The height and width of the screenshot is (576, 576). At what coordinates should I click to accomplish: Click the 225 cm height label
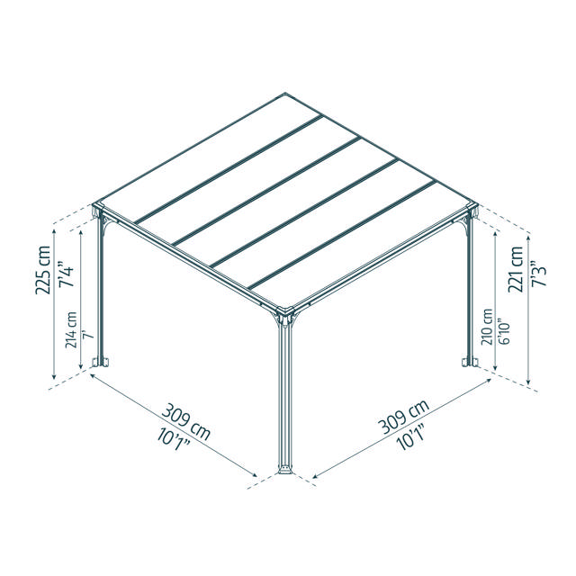[42, 270]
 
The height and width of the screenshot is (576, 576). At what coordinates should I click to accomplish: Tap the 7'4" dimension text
[66, 274]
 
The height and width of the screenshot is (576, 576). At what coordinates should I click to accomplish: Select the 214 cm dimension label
[71, 330]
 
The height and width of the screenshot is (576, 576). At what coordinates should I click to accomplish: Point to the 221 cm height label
[516, 269]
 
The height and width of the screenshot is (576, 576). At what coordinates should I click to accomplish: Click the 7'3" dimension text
[538, 274]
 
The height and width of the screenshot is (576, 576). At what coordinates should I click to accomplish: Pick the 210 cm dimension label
[487, 327]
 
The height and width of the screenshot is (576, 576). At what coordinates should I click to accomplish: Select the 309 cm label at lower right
[404, 416]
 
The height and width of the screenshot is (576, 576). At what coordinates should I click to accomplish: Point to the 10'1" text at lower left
[174, 439]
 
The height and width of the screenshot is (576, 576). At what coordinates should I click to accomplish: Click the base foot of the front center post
[285, 470]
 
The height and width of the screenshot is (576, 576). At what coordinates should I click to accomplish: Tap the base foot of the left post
[101, 362]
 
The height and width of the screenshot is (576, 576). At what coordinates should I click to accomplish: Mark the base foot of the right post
[470, 362]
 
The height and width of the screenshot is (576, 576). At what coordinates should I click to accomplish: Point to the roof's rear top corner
[285, 93]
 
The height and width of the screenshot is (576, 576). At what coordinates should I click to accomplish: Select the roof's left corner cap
[97, 205]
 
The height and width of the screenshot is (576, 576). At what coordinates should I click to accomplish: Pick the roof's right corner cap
[472, 205]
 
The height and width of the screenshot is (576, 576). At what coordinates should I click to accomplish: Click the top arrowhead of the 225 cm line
[54, 232]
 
